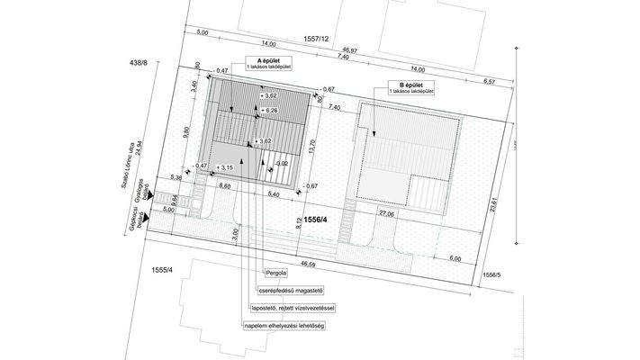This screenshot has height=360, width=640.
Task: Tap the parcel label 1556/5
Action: tap(491, 274)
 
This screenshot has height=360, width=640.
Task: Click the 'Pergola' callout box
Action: tap(277, 272)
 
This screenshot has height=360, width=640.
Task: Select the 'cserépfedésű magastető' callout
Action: tap(292, 290)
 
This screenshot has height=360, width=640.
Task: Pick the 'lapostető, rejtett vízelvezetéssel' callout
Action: tap(293, 308)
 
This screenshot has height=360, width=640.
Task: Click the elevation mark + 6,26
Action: tap(270, 111)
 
